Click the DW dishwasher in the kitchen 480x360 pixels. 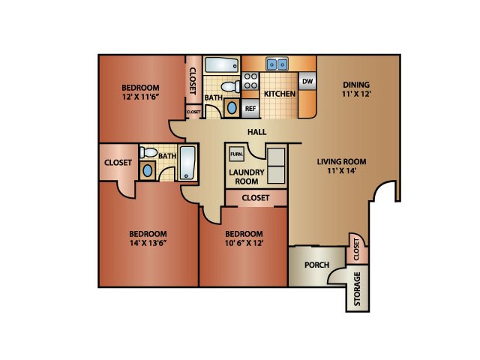point(307,81)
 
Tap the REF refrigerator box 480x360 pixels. point(250,108)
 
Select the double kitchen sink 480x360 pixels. point(277,64)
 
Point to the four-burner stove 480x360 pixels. point(250,81)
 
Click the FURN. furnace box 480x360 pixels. point(237,154)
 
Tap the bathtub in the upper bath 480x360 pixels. point(222,64)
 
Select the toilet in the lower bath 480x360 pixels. point(148,152)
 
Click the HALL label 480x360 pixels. point(256,132)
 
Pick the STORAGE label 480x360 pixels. point(357,289)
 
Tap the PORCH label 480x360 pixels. point(316,265)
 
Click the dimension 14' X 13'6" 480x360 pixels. point(148,243)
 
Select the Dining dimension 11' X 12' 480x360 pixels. point(356,94)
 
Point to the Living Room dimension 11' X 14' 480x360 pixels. point(342,170)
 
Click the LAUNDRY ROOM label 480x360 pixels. point(247,177)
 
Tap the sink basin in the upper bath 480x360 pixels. point(232,108)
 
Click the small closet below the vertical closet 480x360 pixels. point(193,112)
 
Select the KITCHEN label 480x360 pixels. point(280,94)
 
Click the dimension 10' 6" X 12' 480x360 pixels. point(244,243)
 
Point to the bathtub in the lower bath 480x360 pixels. point(187,163)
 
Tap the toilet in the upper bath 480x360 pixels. point(230,87)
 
